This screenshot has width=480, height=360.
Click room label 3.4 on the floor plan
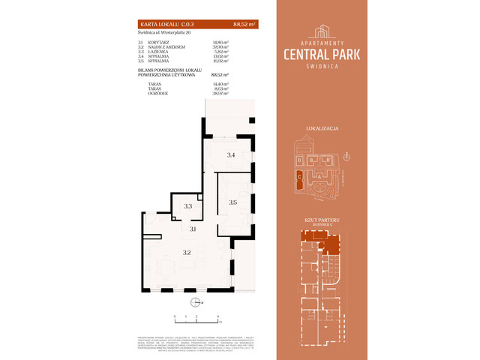[231, 155]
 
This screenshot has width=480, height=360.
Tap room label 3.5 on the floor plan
[232, 202]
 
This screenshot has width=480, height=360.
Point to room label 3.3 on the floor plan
[188, 205]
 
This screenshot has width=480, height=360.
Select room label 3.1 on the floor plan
[193, 229]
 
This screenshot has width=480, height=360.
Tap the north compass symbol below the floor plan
[196, 303]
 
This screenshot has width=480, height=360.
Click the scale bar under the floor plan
[196, 321]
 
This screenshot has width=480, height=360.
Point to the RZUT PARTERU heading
[324, 220]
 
